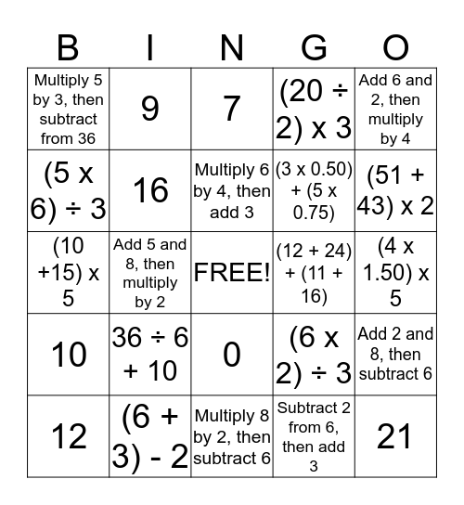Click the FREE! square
point(232,273)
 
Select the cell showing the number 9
point(150,110)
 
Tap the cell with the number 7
point(232,110)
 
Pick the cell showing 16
point(150,191)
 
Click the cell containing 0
point(232,355)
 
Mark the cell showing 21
point(395,434)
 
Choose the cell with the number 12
point(69,434)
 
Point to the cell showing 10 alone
point(69,355)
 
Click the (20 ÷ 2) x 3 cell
point(314,110)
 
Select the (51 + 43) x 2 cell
point(395,191)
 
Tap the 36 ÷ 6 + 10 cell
point(150,355)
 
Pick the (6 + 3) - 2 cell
point(150,434)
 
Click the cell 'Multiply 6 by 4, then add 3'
point(232,191)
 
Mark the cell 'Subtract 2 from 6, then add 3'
point(314,434)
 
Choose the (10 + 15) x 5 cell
point(69,273)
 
